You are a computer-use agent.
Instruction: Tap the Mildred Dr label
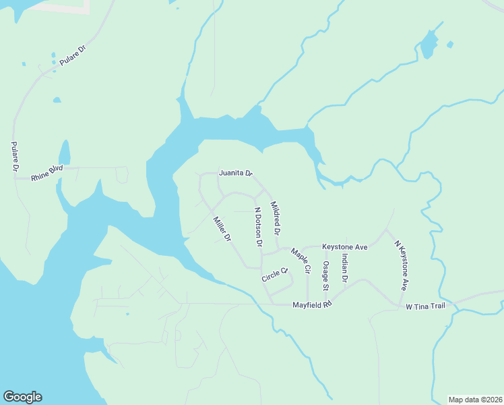(x=276, y=217)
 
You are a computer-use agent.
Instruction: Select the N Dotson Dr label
(x=257, y=226)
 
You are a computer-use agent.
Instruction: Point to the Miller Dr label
(x=222, y=229)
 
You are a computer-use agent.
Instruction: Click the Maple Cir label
(x=300, y=261)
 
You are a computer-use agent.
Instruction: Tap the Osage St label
(x=325, y=275)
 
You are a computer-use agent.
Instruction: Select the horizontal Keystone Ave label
(x=344, y=247)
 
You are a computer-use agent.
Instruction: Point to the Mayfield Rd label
(x=313, y=305)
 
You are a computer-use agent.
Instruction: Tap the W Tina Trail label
(x=426, y=306)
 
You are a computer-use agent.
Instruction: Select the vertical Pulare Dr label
(x=15, y=157)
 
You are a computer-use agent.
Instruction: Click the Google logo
(x=22, y=397)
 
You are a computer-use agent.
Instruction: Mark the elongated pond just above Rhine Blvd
(x=65, y=153)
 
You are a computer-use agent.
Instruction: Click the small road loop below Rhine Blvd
(x=122, y=175)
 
